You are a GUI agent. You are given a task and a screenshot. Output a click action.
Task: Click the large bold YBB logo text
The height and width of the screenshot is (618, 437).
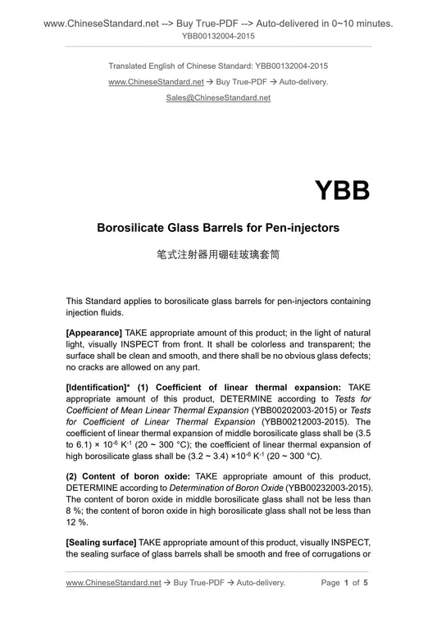tap(342, 190)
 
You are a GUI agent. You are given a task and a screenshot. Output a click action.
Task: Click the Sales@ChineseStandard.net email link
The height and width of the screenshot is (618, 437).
tap(218, 98)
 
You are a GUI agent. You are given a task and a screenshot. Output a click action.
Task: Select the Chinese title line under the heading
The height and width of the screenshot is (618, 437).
tap(218, 254)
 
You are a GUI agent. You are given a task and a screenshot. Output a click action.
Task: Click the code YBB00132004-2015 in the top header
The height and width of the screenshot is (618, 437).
tap(218, 37)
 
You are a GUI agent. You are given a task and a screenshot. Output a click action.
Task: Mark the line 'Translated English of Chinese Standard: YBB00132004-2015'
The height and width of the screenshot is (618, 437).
tap(218, 65)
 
